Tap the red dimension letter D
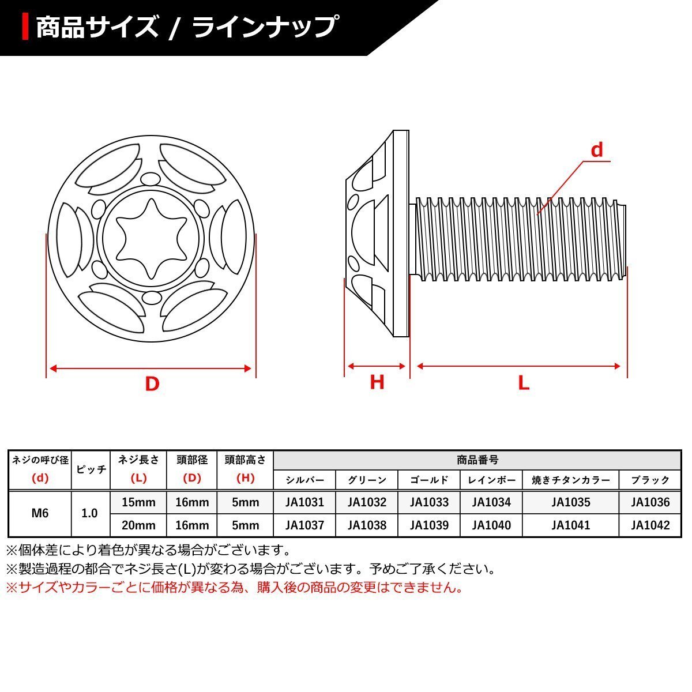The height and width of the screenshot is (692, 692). (152, 383)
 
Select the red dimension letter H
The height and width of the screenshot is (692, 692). (377, 382)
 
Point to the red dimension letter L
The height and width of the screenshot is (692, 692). (523, 383)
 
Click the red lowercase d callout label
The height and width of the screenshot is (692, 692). (597, 151)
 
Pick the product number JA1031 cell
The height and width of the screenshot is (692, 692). (304, 502)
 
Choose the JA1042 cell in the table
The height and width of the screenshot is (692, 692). (650, 525)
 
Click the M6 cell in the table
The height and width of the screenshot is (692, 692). (40, 513)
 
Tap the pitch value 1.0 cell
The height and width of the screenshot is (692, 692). (89, 513)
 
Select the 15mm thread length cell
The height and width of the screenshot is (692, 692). (138, 502)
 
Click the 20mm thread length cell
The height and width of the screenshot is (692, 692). (138, 525)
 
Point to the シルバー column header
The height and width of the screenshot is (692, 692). (304, 480)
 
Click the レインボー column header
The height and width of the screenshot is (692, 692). (491, 480)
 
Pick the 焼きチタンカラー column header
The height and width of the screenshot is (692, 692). (570, 480)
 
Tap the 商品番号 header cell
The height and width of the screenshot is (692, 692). (477, 460)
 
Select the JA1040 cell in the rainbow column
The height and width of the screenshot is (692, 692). (491, 525)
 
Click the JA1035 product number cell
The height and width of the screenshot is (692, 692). (570, 502)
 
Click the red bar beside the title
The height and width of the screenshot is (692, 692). (26, 26)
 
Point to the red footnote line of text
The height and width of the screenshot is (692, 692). (234, 588)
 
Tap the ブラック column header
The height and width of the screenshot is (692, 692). (650, 480)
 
